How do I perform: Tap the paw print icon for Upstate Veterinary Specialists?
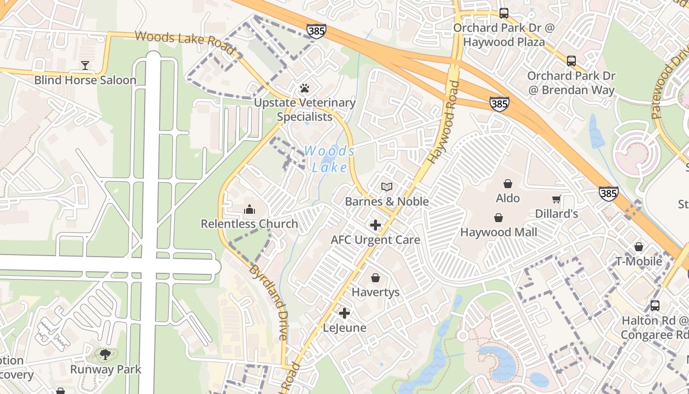point(305,89)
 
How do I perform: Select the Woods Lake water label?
point(329,159)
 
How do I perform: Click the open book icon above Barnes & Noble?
point(387,187)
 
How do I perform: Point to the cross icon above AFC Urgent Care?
point(376,225)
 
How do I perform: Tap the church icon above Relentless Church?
point(250,210)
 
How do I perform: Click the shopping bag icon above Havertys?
point(376,278)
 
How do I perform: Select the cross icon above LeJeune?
point(344,313)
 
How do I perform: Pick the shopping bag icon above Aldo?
point(508,184)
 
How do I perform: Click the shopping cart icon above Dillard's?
point(557,199)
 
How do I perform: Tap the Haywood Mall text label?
point(499,231)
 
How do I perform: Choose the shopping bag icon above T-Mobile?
point(639,247)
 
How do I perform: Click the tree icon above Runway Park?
point(105,354)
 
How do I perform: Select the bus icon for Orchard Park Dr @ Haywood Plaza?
point(503,13)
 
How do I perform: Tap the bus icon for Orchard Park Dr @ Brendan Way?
point(571,61)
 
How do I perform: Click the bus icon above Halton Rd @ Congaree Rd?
point(655,305)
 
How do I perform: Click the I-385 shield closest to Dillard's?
point(609,193)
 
